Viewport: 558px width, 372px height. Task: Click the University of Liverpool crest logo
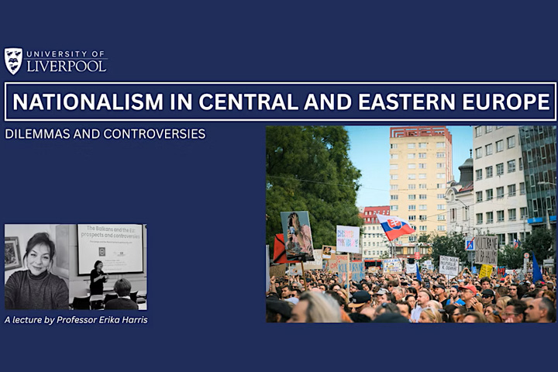tap(14, 61)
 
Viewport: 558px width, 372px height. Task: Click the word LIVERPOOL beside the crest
tap(67, 67)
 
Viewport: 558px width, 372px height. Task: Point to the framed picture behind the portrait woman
tap(13, 253)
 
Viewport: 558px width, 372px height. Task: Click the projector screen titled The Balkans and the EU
tap(110, 248)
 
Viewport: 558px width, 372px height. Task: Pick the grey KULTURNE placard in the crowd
tap(486, 250)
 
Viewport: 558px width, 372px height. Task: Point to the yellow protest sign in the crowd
tap(485, 271)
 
